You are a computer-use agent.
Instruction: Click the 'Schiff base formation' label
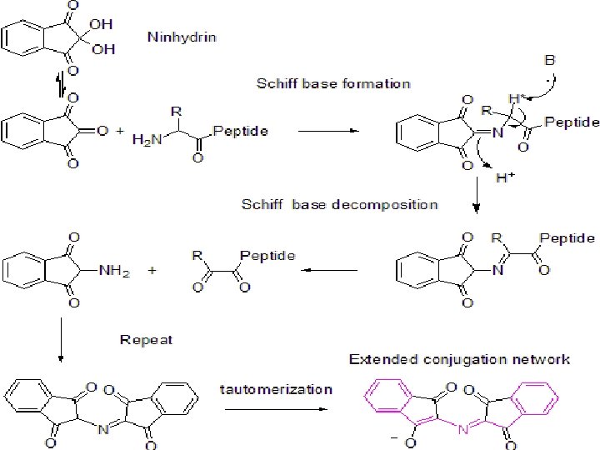coord(332,83)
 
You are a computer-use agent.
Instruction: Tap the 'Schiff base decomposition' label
coord(339,204)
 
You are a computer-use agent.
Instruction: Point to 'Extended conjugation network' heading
coord(459,359)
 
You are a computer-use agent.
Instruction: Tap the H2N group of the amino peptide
coord(145,140)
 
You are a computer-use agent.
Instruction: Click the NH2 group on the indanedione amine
coord(115,269)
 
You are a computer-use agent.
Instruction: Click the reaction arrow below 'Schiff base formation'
coord(324,131)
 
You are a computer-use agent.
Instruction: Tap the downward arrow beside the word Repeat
coord(62,342)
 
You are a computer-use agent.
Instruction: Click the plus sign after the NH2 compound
coord(152,269)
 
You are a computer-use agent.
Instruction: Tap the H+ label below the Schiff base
coord(503,177)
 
